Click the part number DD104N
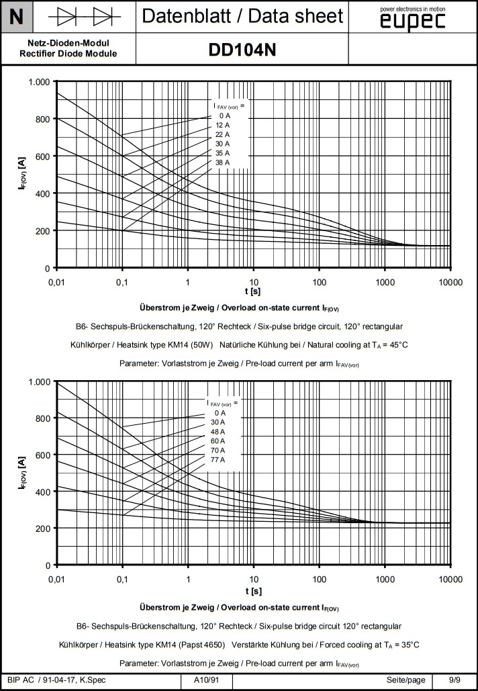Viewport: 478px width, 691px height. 242,50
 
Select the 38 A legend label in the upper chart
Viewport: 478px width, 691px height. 222,163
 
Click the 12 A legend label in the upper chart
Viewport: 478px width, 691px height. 222,125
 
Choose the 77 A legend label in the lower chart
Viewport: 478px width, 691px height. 217,459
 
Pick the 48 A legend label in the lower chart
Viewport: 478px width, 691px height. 217,431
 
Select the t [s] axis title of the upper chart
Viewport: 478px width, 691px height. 253,291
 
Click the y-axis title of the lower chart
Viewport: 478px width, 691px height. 22,473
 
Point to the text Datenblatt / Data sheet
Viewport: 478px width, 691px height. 242,16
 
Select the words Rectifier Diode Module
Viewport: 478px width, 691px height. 68,54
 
